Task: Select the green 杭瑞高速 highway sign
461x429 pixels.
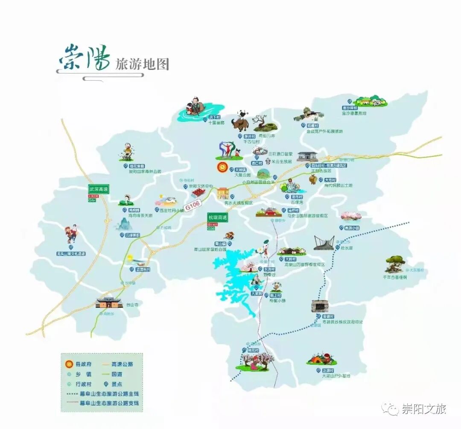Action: pyautogui.click(x=217, y=217)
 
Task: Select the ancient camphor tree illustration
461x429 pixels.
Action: pyautogui.click(x=395, y=263)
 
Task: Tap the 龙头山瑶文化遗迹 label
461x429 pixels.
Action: pyautogui.click(x=71, y=254)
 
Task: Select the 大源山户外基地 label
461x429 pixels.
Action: pyautogui.click(x=336, y=376)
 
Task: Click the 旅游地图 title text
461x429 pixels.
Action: pyautogui.click(x=142, y=64)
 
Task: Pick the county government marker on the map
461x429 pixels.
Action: pyautogui.click(x=222, y=166)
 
